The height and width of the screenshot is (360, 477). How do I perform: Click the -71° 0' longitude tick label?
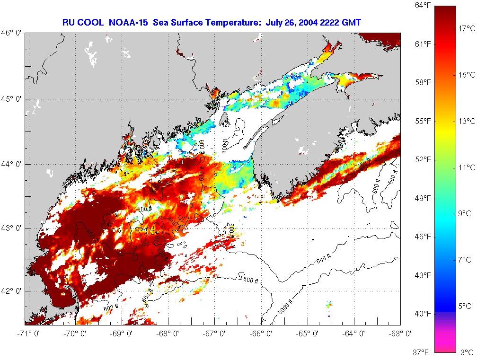pos(25,333)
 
